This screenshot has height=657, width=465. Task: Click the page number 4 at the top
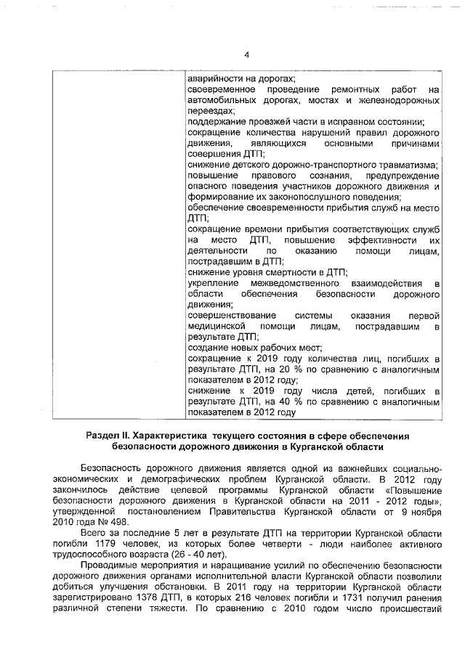246,55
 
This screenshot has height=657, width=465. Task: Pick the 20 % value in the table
286,370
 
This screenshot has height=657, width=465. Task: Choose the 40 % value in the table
286,401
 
